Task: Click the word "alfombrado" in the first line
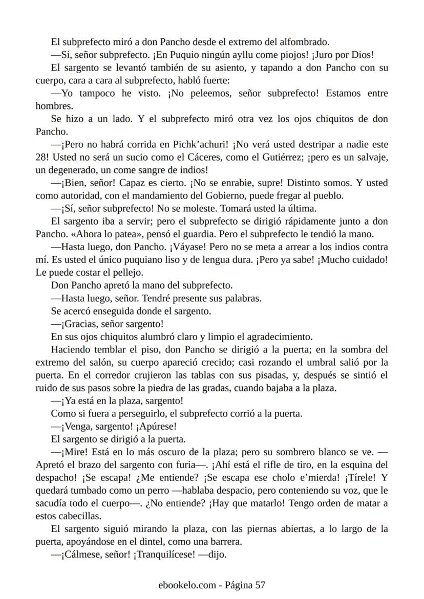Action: coord(304,42)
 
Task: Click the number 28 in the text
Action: coord(41,157)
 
